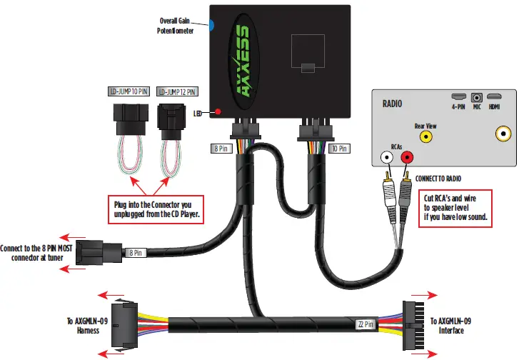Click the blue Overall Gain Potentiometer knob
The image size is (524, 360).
pyautogui.click(x=211, y=26)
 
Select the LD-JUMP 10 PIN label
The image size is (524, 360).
pyautogui.click(x=132, y=93)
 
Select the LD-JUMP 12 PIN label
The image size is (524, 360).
pyautogui.click(x=177, y=93)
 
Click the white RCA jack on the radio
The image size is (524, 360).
pyautogui.click(x=387, y=156)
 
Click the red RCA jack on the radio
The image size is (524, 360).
pyautogui.click(x=408, y=156)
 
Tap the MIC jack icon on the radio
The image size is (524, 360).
pyautogui.click(x=475, y=96)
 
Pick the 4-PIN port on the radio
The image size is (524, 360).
pyautogui.click(x=458, y=96)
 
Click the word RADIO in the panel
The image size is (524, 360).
pyautogui.click(x=393, y=104)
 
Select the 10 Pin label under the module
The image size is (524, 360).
pyautogui.click(x=339, y=149)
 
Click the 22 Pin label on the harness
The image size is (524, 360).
pyautogui.click(x=366, y=324)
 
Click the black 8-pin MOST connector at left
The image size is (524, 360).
pyautogui.click(x=93, y=252)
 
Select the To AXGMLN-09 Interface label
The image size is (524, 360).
pyautogui.click(x=451, y=326)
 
